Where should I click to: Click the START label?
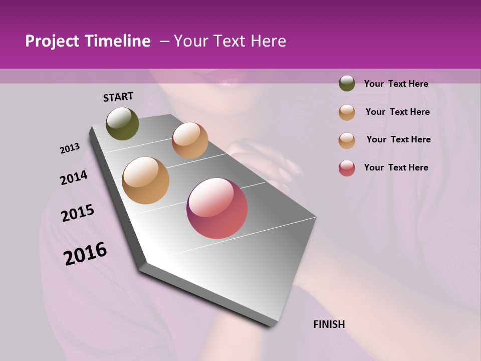point(118,97)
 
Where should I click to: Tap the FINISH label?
point(329,324)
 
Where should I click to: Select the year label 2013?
point(70,148)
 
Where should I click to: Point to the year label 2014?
point(74,177)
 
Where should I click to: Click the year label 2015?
point(78,213)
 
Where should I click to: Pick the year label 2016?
point(85,253)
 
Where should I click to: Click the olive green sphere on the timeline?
point(122,124)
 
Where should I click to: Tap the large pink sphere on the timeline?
point(217,208)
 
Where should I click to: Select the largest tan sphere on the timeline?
point(146,180)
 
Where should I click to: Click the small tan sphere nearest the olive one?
point(190,140)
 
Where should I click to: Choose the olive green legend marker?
point(347,83)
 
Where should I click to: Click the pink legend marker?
point(347,168)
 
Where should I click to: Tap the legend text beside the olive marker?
point(396,84)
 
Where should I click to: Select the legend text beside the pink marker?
point(396,167)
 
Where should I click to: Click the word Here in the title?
point(268,41)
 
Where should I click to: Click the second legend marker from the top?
point(347,112)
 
